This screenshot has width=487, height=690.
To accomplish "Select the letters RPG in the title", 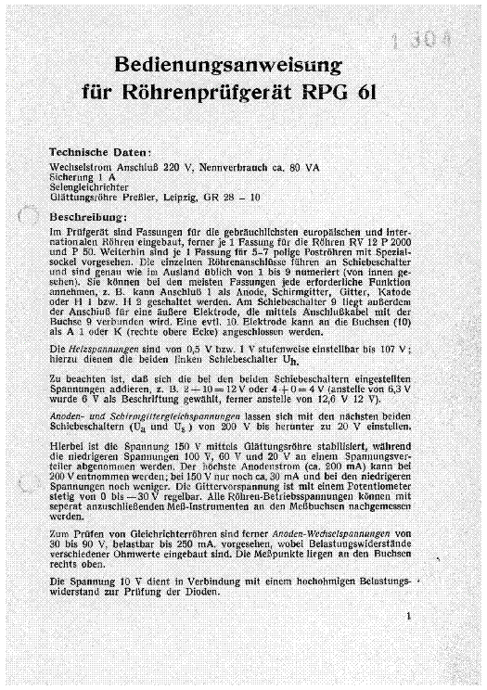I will pyautogui.click(x=326, y=93).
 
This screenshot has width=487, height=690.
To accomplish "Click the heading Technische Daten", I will pyautogui.click(x=105, y=149).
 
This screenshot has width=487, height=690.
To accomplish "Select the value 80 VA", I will pyautogui.click(x=328, y=167).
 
